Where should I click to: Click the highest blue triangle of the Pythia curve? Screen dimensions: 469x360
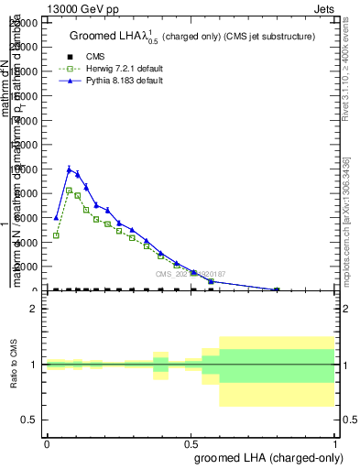69,169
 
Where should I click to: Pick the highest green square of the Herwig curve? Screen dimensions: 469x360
69,191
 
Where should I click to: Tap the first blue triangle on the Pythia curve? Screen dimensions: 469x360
56,218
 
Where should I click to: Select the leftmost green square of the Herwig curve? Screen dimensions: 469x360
56,235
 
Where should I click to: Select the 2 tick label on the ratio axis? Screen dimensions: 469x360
34,310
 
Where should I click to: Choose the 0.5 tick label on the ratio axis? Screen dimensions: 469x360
30,420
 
